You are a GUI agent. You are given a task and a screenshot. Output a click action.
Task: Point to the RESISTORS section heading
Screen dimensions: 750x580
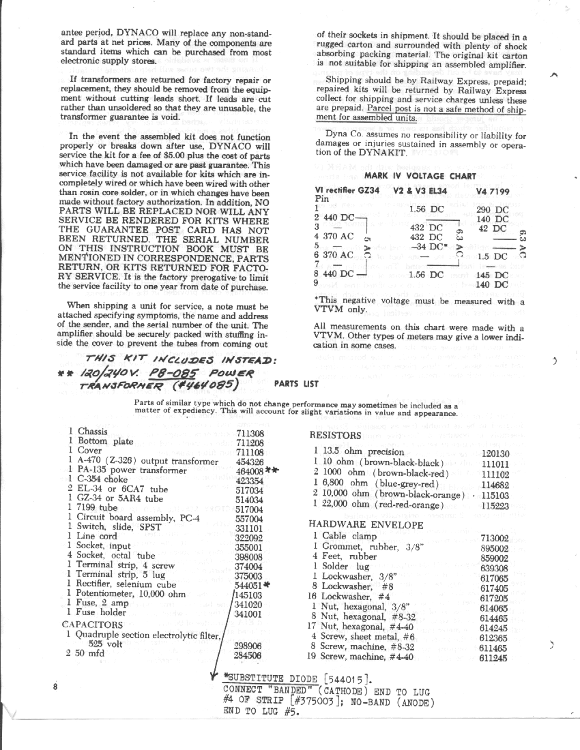pos(335,436)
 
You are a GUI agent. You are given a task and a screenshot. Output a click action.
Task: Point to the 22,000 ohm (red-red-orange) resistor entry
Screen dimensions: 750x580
pos(379,505)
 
